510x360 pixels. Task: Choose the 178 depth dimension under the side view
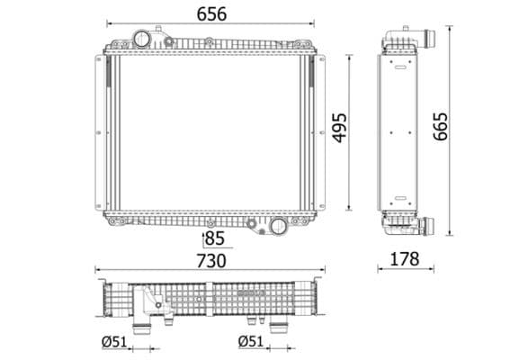coord(407,259)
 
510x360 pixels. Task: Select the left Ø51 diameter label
coord(114,341)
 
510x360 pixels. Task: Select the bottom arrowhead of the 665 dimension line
coord(446,237)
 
